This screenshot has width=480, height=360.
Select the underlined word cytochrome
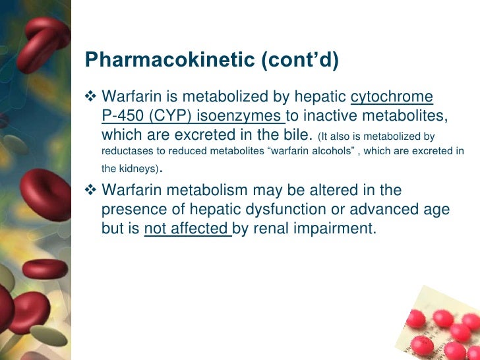pos(392,98)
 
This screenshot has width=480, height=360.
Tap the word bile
pos(293,136)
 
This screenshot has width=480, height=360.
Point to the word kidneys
pos(138,168)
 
